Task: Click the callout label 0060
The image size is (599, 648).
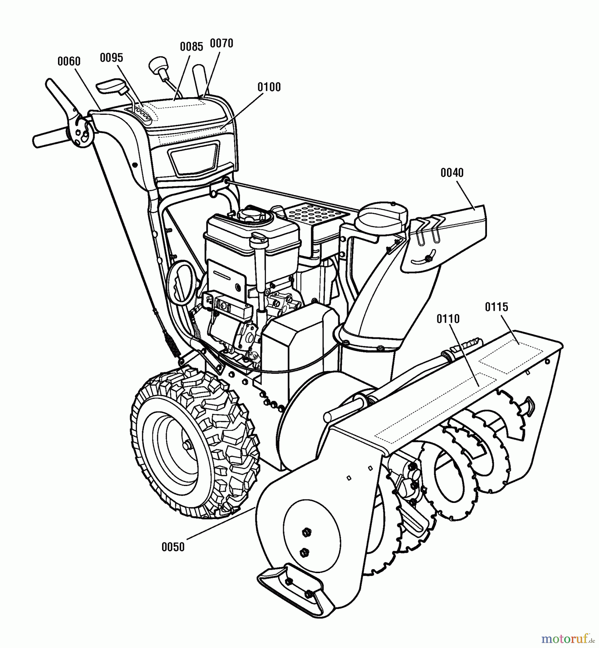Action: point(69,62)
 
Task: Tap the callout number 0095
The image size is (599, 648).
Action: point(112,58)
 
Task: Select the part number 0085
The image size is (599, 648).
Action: point(192,46)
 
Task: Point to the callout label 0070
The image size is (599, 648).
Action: point(222,43)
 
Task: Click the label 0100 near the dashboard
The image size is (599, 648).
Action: point(269,87)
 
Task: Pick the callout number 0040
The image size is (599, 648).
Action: point(452,173)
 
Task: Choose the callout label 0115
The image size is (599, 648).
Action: point(497,307)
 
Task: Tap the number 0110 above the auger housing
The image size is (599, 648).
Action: point(448,319)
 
